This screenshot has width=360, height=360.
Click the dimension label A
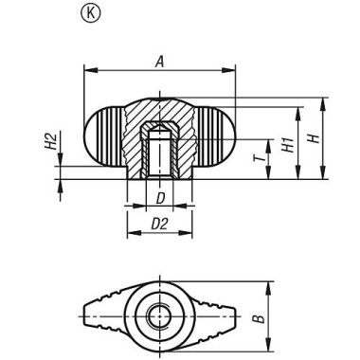click(159, 60)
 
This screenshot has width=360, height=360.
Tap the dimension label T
click(259, 152)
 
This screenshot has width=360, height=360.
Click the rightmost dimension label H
click(312, 138)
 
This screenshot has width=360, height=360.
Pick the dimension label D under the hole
click(160, 198)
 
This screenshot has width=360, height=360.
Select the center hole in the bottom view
click(160, 314)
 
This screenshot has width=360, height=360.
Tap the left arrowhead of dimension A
click(89, 69)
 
